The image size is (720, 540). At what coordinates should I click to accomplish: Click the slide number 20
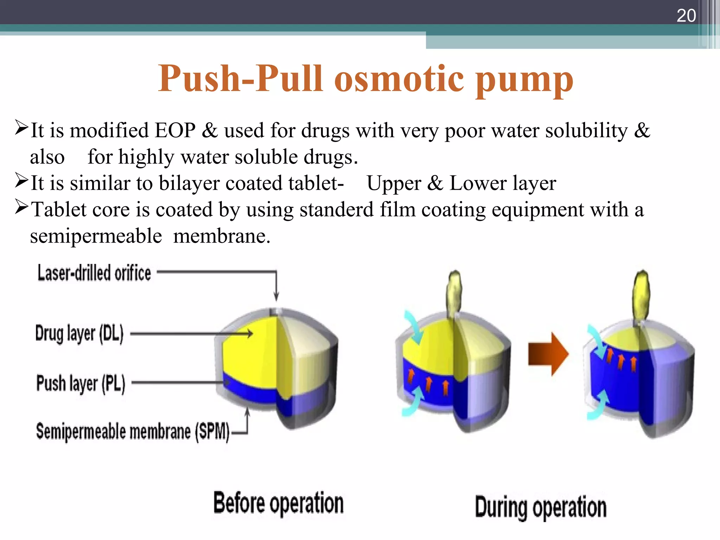point(686,15)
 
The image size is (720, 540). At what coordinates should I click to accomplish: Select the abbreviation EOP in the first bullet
point(175,130)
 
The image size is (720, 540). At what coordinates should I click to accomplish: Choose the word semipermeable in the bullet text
point(96,236)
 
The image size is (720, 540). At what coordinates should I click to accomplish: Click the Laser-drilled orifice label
point(94,273)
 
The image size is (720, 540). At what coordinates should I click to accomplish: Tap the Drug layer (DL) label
point(79,333)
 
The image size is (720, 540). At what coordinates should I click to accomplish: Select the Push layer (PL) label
point(81,383)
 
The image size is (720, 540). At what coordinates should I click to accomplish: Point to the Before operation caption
point(278,503)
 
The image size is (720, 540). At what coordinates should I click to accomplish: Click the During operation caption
point(540,507)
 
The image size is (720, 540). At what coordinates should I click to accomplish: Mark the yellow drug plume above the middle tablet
point(454,292)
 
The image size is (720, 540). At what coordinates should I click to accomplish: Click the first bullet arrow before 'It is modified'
point(21,128)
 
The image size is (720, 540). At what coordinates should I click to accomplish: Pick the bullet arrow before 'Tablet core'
point(21,207)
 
